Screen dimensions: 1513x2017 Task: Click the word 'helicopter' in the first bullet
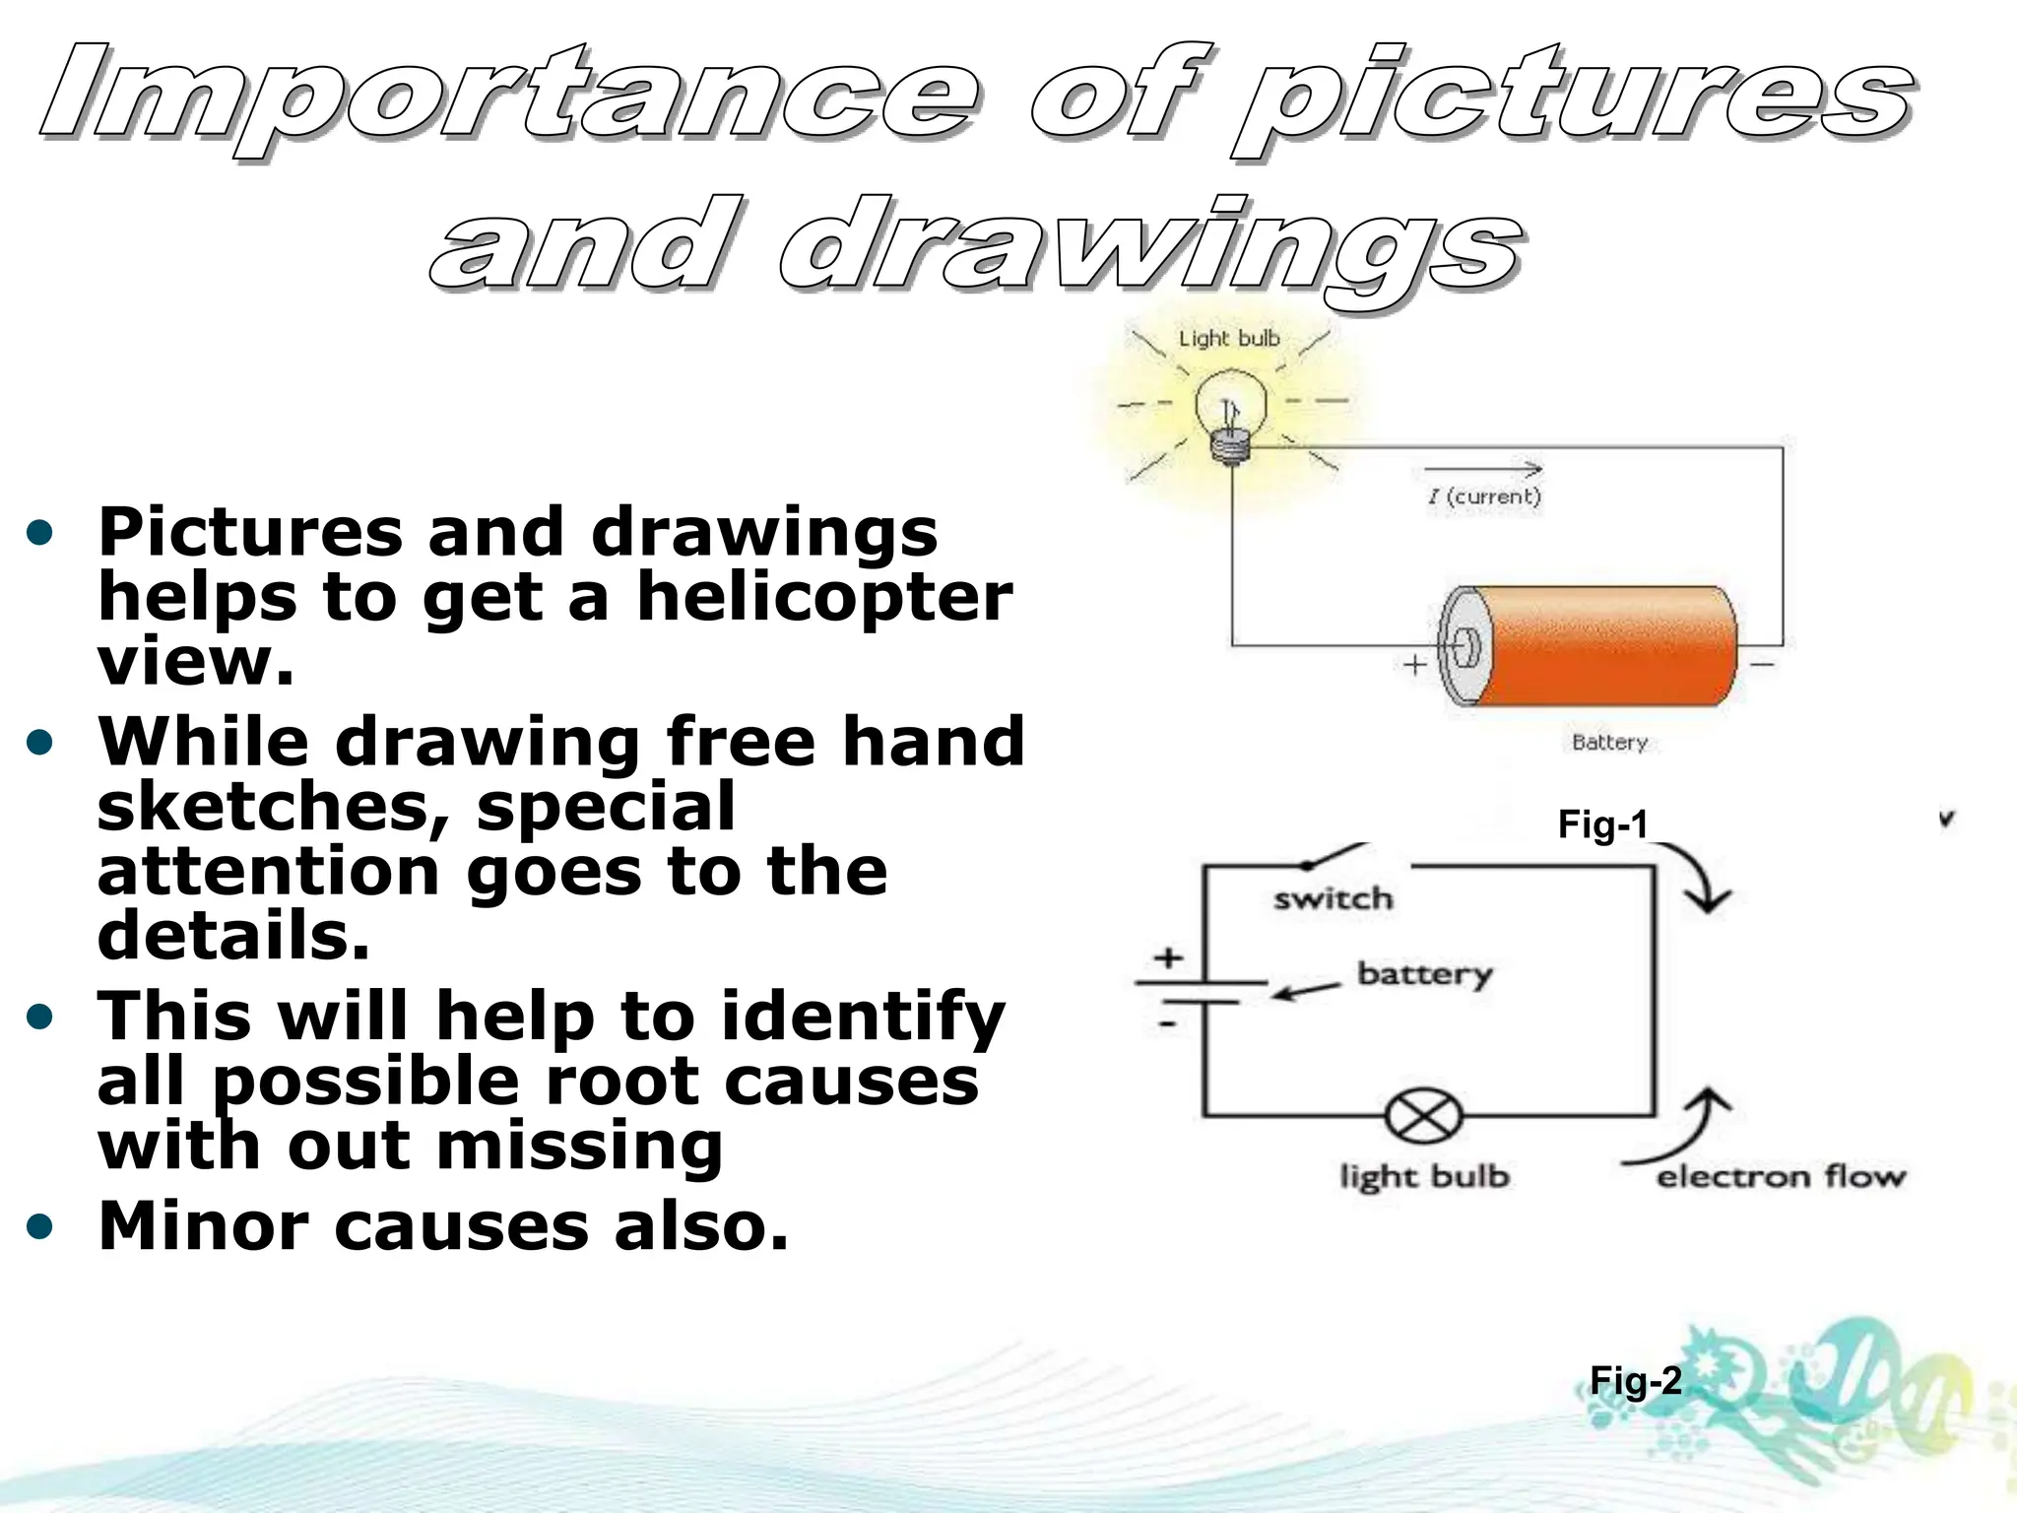pyautogui.click(x=824, y=597)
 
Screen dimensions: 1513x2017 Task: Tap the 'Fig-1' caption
pyautogui.click(x=1602, y=824)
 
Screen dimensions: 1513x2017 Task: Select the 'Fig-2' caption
pyautogui.click(x=1636, y=1381)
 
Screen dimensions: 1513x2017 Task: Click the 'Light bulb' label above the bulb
pyautogui.click(x=1229, y=339)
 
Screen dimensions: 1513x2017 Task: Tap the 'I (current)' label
pyautogui.click(x=1484, y=496)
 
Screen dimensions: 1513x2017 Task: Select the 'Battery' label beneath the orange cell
pyautogui.click(x=1609, y=743)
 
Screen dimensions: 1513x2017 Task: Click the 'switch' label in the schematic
pyautogui.click(x=1334, y=898)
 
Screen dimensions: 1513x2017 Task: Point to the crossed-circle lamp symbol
pyautogui.click(x=1423, y=1118)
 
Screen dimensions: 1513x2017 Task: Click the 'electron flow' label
pyautogui.click(x=1781, y=1176)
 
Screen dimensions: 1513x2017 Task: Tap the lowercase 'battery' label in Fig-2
pyautogui.click(x=1425, y=974)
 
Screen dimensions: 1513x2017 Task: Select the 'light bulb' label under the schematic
pyautogui.click(x=1424, y=1176)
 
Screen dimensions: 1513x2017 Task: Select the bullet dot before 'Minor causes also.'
pyautogui.click(x=39, y=1227)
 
